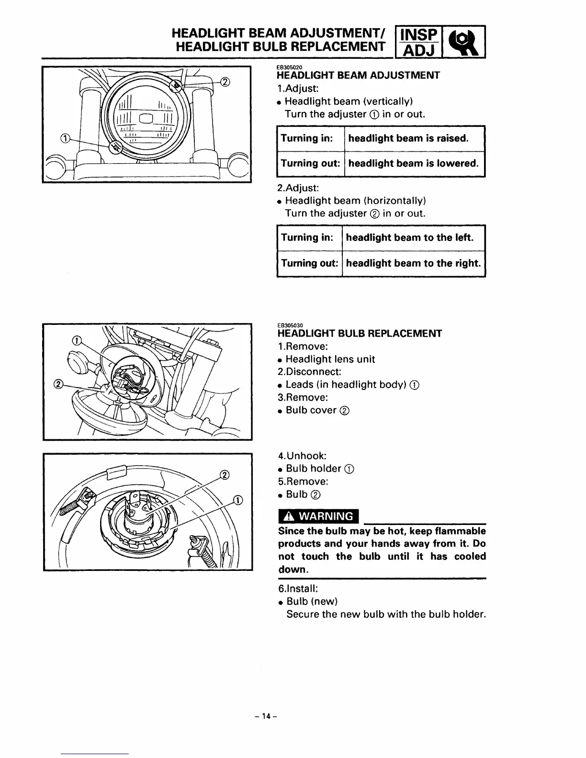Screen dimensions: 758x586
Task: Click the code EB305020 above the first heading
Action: click(290, 67)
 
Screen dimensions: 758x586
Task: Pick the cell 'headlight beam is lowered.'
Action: click(413, 163)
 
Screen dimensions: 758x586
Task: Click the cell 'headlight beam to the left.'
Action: click(409, 238)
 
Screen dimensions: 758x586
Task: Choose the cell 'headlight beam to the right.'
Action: click(413, 263)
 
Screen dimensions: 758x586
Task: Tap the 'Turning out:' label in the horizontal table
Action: click(309, 263)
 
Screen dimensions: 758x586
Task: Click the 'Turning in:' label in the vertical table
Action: click(306, 138)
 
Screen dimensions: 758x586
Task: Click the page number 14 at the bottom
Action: click(266, 716)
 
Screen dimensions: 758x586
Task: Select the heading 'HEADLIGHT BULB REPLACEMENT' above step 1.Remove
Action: click(360, 334)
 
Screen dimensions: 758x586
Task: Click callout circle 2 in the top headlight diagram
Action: click(225, 81)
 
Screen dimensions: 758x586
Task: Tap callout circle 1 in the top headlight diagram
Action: click(63, 139)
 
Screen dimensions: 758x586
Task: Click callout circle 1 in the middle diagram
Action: click(75, 341)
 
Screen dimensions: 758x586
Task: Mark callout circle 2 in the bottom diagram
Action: click(224, 475)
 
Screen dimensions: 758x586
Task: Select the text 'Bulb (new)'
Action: click(312, 602)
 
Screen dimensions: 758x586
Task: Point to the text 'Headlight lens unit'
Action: click(330, 359)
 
